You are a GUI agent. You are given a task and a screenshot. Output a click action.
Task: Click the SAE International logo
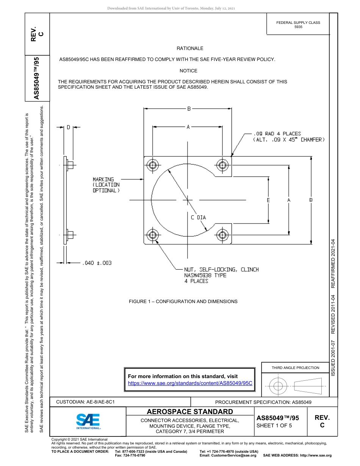[88, 421]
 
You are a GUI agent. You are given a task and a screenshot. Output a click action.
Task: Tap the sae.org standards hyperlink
[190, 383]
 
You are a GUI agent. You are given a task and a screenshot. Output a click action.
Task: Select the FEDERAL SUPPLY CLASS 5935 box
[298, 25]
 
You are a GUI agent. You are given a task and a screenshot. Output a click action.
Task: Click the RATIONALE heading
[190, 48]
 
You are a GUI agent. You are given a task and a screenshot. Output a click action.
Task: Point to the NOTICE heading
[188, 71]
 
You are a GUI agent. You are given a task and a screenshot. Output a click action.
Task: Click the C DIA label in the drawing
[198, 217]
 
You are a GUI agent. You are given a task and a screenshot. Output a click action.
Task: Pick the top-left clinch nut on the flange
[153, 165]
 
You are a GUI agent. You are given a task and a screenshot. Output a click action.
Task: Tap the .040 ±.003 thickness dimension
[97, 263]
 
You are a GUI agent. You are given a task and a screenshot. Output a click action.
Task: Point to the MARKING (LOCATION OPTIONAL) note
[106, 185]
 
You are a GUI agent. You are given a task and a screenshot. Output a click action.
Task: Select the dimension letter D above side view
[69, 127]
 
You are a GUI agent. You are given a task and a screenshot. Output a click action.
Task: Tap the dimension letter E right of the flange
[268, 200]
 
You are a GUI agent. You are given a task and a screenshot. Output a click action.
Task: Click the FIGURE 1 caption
[183, 302]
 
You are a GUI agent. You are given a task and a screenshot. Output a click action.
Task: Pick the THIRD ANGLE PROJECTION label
[295, 367]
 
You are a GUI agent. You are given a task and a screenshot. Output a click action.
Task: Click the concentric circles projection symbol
[278, 386]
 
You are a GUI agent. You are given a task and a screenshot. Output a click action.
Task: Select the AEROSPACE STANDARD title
[190, 412]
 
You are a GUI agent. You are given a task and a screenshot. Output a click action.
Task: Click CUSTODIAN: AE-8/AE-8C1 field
[85, 402]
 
